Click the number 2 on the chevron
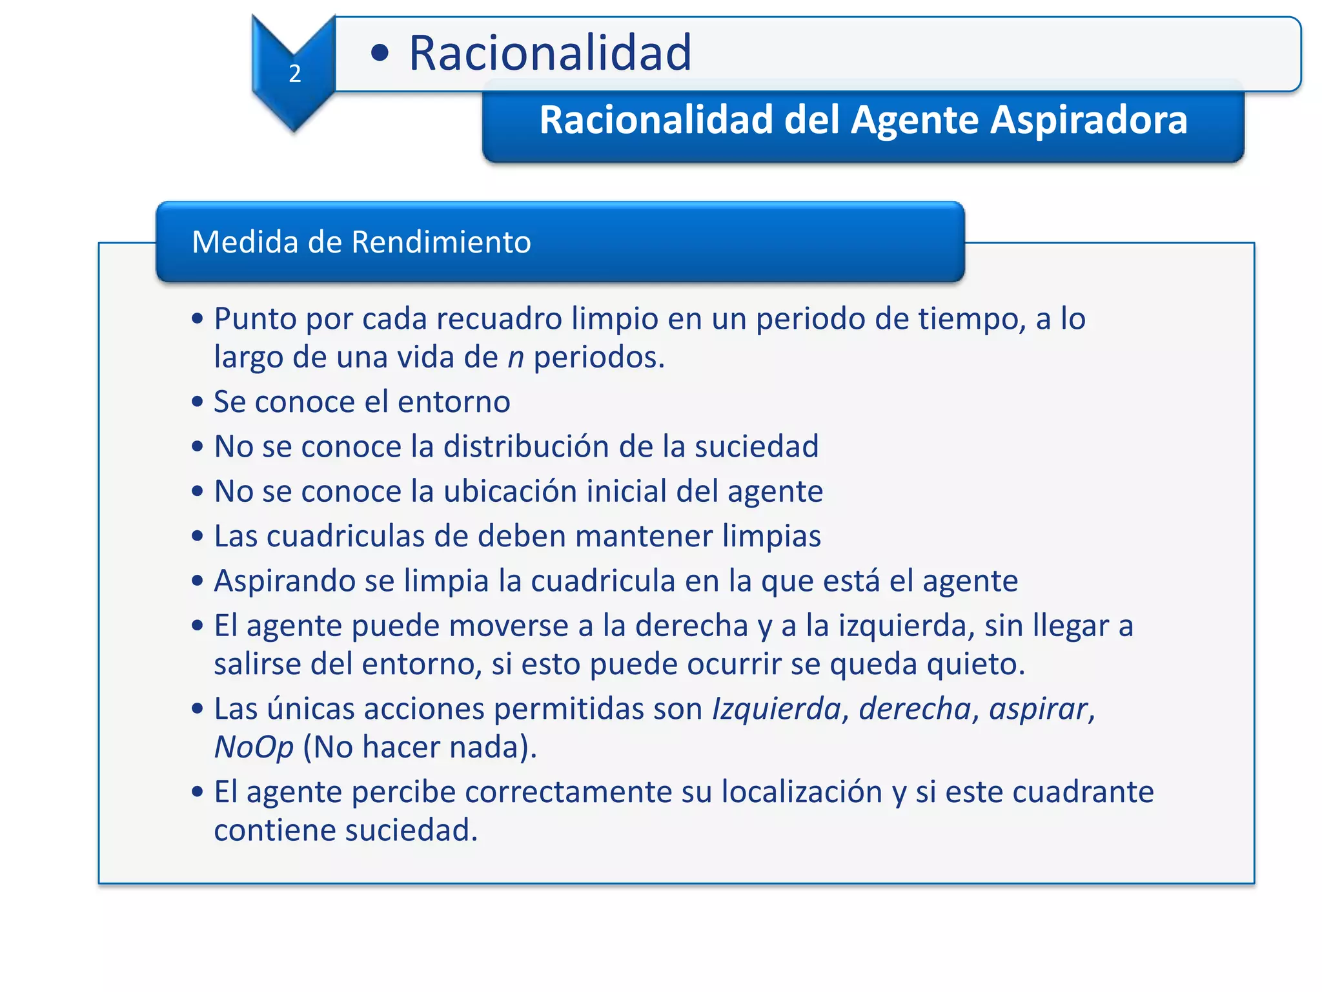[295, 74]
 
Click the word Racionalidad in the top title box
[550, 53]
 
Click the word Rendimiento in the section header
[441, 242]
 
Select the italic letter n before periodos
[515, 357]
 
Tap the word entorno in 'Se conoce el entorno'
[454, 402]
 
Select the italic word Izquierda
[777, 708]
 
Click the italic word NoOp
[254, 747]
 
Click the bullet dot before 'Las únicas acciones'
[198, 709]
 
